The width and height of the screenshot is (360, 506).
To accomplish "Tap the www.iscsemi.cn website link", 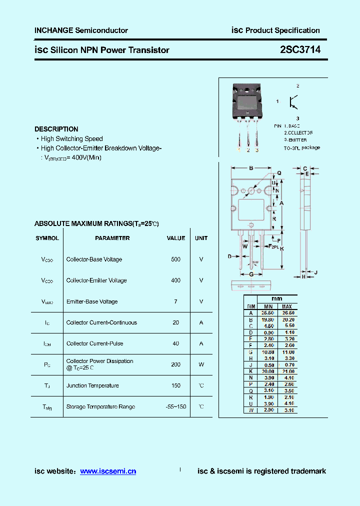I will point(108,471).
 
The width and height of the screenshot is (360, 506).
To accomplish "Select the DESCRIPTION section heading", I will point(56,129).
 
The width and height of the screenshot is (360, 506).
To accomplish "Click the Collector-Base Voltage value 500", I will point(175,259).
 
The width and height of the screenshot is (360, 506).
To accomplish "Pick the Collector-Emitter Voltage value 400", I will point(175,280).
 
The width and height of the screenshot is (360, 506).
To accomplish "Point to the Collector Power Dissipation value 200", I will point(175,364).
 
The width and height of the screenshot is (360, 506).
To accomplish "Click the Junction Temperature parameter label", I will point(92,385).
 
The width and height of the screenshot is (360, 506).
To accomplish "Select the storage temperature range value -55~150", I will point(175,406).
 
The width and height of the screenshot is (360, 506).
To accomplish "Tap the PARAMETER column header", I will point(112,238).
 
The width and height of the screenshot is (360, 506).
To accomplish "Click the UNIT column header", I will point(201,238).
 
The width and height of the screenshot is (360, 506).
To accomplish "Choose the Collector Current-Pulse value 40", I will point(175,343).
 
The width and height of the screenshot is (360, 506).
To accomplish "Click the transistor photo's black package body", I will point(246,102).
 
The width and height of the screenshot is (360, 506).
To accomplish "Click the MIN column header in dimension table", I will point(268,306).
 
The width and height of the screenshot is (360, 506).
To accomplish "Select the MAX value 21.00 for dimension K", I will point(288,371).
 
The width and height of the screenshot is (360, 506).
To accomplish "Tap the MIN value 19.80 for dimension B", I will point(268,319).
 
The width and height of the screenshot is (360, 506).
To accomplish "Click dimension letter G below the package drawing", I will point(251,274).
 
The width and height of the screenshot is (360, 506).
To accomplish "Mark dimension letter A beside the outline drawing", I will point(281,203).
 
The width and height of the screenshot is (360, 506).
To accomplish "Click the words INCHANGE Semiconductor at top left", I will point(81,30).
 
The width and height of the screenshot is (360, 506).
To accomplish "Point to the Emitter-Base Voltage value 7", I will point(175,301).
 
